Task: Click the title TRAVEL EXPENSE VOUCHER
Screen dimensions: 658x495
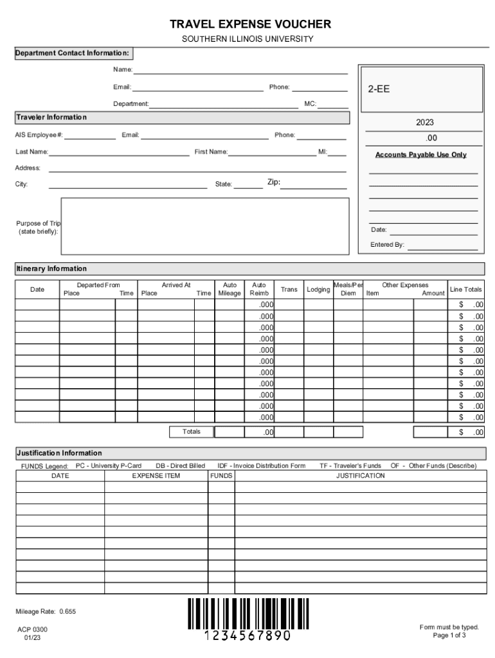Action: (x=250, y=24)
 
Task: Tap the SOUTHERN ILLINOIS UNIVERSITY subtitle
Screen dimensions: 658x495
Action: (x=248, y=39)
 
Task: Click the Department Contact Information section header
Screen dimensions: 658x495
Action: (x=73, y=53)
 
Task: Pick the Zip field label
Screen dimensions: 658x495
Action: (x=274, y=183)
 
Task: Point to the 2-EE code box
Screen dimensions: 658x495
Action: (x=421, y=89)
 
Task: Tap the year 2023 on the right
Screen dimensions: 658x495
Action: (x=424, y=122)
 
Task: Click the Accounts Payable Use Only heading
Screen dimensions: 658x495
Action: (x=421, y=155)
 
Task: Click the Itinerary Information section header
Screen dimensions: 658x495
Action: (x=51, y=269)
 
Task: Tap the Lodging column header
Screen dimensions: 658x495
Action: (x=318, y=290)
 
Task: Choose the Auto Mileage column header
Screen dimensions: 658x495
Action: (x=230, y=289)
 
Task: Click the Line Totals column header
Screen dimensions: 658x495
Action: (x=466, y=290)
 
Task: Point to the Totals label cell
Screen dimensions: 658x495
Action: (x=191, y=432)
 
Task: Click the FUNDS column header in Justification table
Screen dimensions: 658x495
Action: (x=221, y=476)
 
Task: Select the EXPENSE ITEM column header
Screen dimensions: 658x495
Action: (x=156, y=476)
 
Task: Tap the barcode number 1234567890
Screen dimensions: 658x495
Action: (x=248, y=636)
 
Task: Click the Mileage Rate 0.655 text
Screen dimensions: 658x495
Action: (x=46, y=612)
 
